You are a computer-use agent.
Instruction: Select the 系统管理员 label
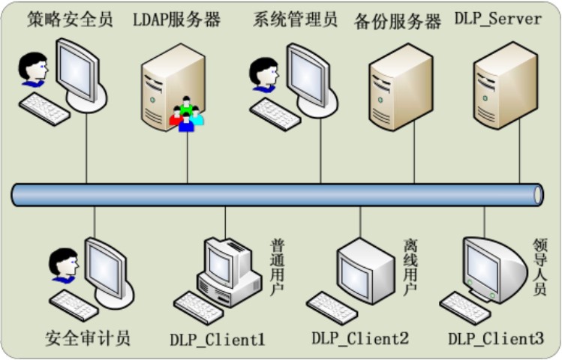296,19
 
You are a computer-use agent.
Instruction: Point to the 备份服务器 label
398,21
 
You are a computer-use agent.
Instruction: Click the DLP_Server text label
497,18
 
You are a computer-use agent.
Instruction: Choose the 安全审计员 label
88,337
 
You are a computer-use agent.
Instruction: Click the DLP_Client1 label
218,339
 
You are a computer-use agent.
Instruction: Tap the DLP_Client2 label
360,339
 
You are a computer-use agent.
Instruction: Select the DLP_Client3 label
496,339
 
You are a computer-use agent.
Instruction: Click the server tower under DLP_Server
504,82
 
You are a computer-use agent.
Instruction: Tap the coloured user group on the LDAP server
186,115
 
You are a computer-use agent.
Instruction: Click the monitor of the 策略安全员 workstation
77,64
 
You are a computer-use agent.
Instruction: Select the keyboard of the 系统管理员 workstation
275,114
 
